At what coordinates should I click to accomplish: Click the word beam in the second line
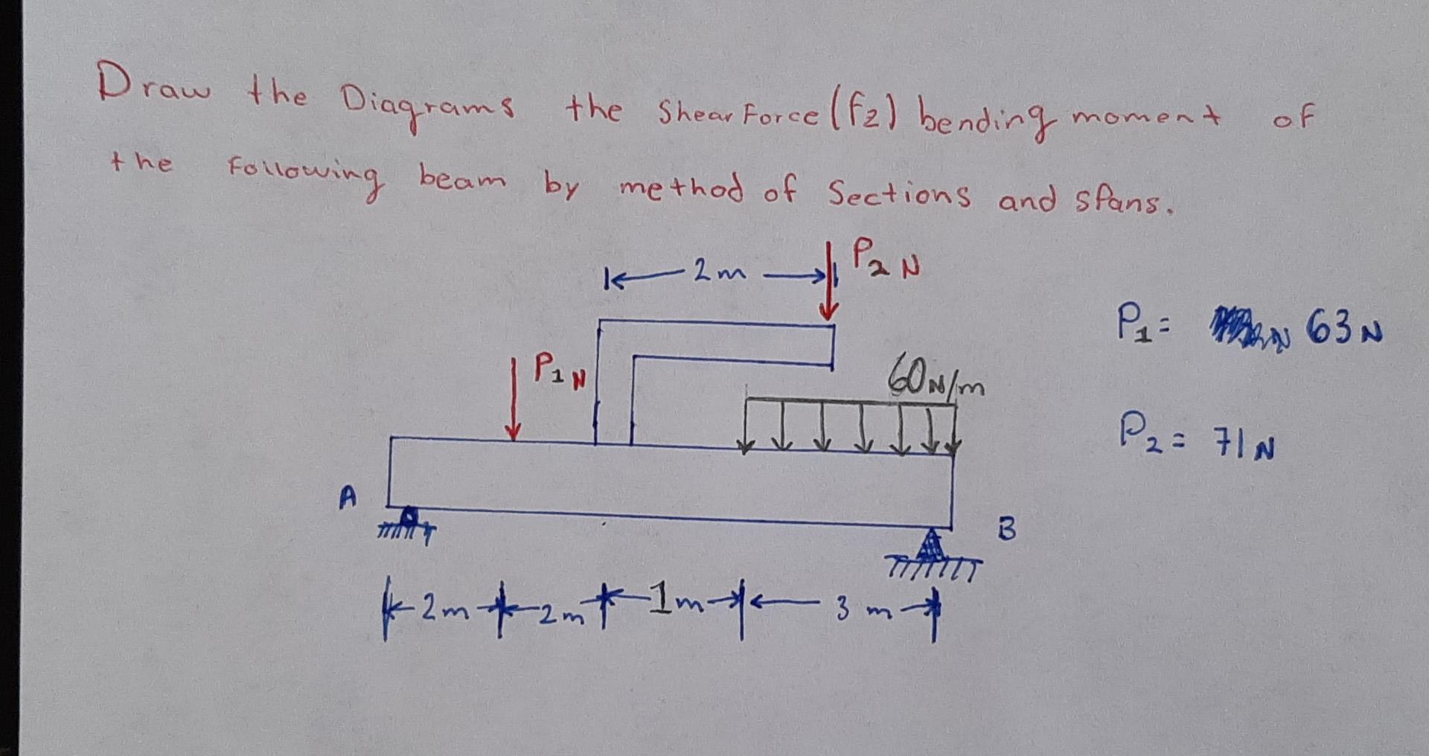pyautogui.click(x=461, y=179)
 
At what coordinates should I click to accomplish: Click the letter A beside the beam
pyautogui.click(x=348, y=496)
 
